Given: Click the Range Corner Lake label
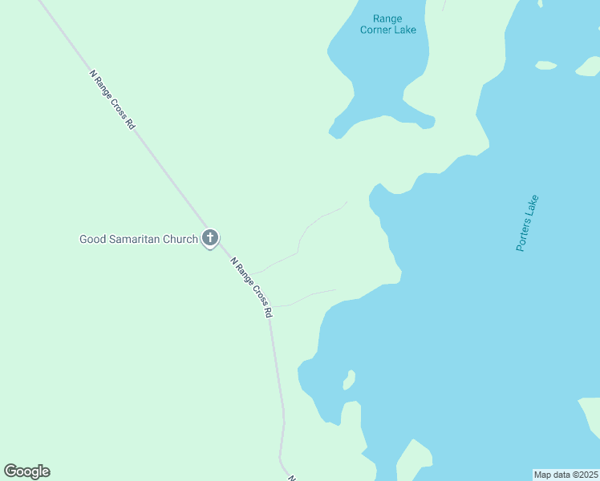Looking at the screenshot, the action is click(x=388, y=24).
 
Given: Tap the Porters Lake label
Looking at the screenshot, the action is click(x=528, y=224).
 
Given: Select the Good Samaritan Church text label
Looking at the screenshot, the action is click(x=138, y=239).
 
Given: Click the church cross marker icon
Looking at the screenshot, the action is click(x=210, y=237).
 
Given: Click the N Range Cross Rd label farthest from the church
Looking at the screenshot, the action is click(x=112, y=100).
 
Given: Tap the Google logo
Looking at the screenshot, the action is click(x=26, y=471).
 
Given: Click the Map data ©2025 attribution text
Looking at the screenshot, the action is click(x=566, y=475).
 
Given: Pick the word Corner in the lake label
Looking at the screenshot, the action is click(x=377, y=30).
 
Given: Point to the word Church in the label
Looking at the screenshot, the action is click(x=180, y=239).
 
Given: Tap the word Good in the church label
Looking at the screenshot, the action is click(x=92, y=239).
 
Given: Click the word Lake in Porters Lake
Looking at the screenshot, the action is click(x=533, y=205).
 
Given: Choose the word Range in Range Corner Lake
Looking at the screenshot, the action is click(x=388, y=18).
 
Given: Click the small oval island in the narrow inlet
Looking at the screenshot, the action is click(x=349, y=379).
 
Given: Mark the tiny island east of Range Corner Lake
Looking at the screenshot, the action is click(x=545, y=65).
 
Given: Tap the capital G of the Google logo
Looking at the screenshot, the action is click(x=10, y=471).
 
